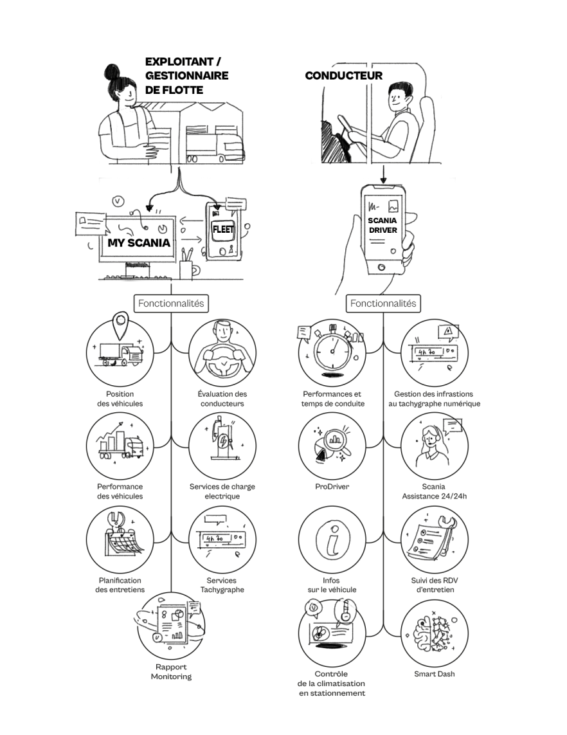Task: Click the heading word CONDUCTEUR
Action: (x=343, y=76)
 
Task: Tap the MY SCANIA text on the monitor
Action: (x=139, y=243)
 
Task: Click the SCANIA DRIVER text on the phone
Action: (x=382, y=225)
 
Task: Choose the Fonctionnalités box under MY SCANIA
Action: (x=171, y=303)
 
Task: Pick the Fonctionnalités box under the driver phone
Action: (x=383, y=303)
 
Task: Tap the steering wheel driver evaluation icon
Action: (x=222, y=352)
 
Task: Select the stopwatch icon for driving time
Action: (x=332, y=350)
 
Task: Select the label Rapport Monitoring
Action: (x=171, y=671)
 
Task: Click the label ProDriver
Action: (x=332, y=487)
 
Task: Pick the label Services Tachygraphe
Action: (x=222, y=585)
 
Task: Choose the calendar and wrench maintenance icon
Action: (x=120, y=539)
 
